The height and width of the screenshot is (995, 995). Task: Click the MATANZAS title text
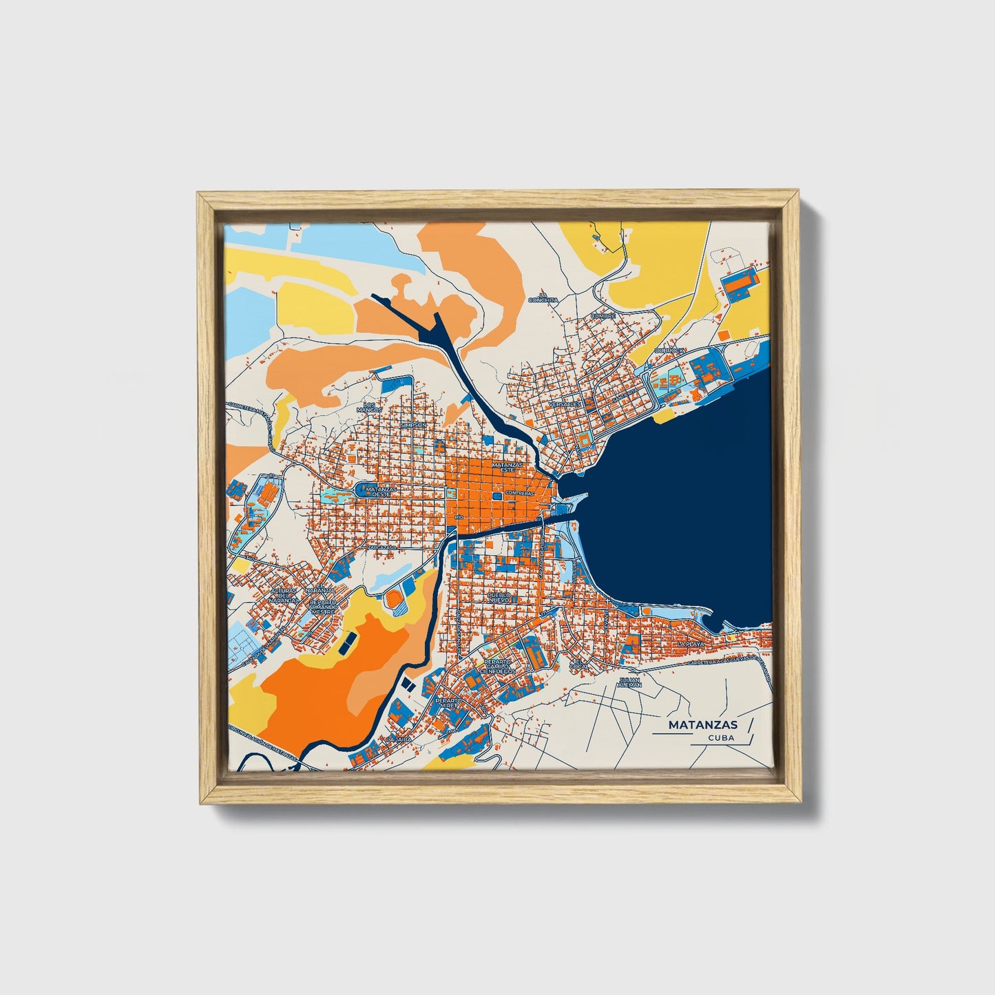coord(702,724)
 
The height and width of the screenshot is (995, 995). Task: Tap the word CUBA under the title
coord(720,737)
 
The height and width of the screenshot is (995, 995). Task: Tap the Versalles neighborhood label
coord(566,404)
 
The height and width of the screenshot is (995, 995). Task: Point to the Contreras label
coord(519,493)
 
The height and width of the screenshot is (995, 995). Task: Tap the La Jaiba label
coord(399,738)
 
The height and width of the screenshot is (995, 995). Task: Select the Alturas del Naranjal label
coord(284,596)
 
